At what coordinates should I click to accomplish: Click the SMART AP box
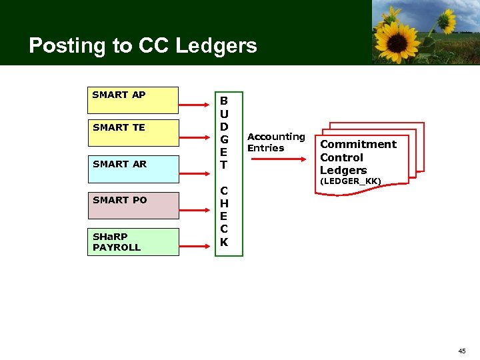click(x=133, y=100)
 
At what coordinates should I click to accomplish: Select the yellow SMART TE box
click(x=133, y=133)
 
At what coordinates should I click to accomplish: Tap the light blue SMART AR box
click(x=133, y=169)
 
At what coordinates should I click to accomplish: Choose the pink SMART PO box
click(x=133, y=205)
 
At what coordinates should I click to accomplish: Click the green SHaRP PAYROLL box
click(x=133, y=241)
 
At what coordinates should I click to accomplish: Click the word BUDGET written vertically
click(x=224, y=132)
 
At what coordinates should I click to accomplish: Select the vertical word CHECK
click(x=224, y=217)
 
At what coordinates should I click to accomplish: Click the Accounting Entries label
click(x=275, y=142)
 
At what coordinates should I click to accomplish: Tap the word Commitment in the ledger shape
click(x=358, y=145)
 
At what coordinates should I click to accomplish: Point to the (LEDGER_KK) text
click(x=350, y=181)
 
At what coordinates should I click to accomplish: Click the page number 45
click(x=462, y=351)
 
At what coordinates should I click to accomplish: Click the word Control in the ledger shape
click(x=341, y=157)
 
